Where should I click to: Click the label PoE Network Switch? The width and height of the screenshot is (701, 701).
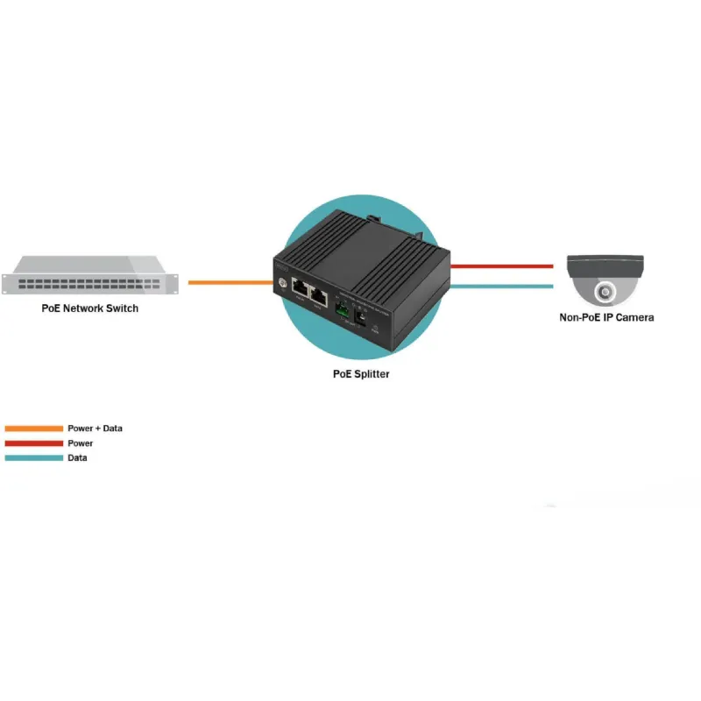90,308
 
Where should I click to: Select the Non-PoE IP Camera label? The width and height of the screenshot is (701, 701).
606,317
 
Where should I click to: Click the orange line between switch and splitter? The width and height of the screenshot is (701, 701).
230,282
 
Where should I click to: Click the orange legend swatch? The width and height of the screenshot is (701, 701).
33,428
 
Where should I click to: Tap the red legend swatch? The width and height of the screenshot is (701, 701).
33,443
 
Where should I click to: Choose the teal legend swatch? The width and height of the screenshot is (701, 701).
33,457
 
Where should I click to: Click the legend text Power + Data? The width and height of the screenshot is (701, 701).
95,428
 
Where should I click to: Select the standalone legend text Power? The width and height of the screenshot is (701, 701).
80,443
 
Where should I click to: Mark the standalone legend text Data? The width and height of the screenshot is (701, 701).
77,457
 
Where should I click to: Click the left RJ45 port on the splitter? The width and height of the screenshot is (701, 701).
300,287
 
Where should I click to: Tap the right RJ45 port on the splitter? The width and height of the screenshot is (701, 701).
318,295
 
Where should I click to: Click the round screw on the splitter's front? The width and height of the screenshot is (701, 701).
283,282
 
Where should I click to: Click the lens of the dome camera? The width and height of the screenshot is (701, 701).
605,292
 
